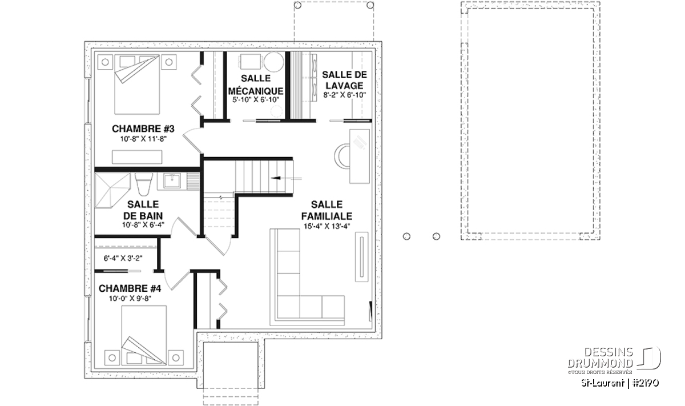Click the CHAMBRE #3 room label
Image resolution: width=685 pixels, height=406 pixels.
click(x=143, y=129)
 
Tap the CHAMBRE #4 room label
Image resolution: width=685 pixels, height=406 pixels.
click(x=130, y=288)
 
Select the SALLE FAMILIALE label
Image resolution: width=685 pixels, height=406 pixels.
click(x=327, y=210)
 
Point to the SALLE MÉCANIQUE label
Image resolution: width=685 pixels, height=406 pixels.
click(x=256, y=85)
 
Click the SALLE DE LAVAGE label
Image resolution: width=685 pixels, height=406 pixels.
click(x=344, y=80)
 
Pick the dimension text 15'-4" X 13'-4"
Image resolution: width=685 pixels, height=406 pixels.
click(x=327, y=226)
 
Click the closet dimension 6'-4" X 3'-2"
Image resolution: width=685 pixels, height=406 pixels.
click(x=123, y=259)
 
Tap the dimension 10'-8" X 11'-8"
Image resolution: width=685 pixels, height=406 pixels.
click(x=143, y=139)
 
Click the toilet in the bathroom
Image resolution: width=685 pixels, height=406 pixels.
click(x=144, y=184)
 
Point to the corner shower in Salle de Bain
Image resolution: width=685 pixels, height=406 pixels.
click(x=112, y=191)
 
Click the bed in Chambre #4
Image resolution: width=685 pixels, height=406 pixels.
click(x=144, y=335)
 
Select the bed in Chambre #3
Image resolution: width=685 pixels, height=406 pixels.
click(x=138, y=85)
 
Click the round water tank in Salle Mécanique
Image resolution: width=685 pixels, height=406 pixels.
click(x=274, y=62)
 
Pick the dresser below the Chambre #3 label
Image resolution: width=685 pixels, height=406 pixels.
click(x=137, y=157)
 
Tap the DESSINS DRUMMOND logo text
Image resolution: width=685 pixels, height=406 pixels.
click(x=600, y=357)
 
